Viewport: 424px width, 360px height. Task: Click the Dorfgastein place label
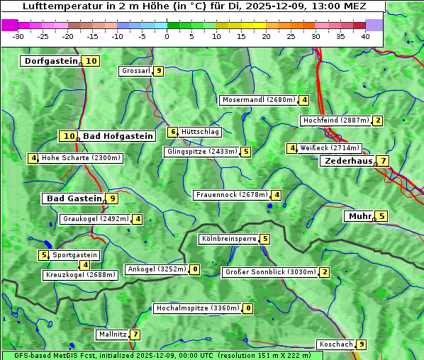(50, 61)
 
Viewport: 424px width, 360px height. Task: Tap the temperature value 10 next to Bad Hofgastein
(69, 136)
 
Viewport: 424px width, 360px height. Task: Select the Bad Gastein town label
(74, 198)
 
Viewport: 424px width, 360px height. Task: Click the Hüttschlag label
(201, 132)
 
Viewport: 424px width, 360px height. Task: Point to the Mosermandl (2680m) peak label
(259, 100)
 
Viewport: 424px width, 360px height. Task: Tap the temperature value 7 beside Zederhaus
(383, 161)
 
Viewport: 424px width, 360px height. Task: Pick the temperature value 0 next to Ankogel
(194, 269)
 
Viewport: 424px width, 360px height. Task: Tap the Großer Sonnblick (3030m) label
(269, 272)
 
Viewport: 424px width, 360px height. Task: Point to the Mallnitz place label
(113, 334)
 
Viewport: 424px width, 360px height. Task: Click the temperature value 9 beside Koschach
(362, 344)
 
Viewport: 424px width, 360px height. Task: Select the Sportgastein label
(74, 255)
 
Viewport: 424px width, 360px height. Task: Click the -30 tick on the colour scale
(18, 36)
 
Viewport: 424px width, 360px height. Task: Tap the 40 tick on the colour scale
(365, 36)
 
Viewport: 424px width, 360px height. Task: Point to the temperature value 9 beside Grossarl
(159, 71)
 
